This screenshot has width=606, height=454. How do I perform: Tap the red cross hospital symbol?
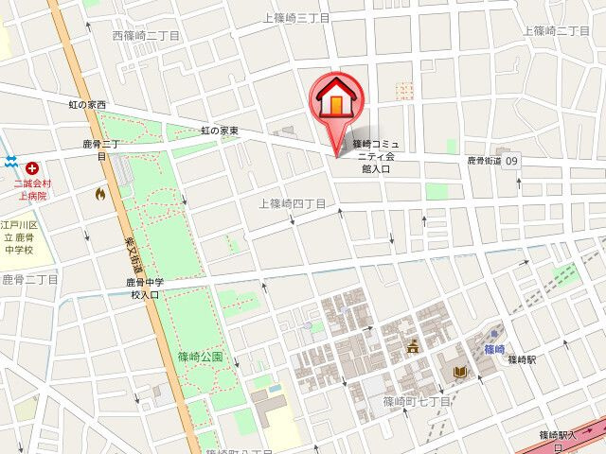pos(31,166)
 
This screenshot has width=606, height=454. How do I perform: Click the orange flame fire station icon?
pos(100,193)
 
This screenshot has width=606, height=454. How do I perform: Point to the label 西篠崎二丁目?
pos(146,35)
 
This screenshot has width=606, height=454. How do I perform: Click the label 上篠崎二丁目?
pos(557,30)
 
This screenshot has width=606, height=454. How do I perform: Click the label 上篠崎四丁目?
pos(292,203)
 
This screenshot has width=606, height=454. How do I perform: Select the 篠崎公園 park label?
pos(200,357)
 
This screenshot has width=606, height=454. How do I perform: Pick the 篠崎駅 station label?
pos(522,360)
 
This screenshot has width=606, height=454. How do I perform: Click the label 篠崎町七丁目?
pos(417,402)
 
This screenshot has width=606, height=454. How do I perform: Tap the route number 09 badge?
pos(512,162)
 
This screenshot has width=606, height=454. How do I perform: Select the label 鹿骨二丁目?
pos(29,279)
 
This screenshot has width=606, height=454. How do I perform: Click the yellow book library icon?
pos(460,372)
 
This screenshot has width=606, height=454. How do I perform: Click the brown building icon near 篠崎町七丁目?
pos(413,347)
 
